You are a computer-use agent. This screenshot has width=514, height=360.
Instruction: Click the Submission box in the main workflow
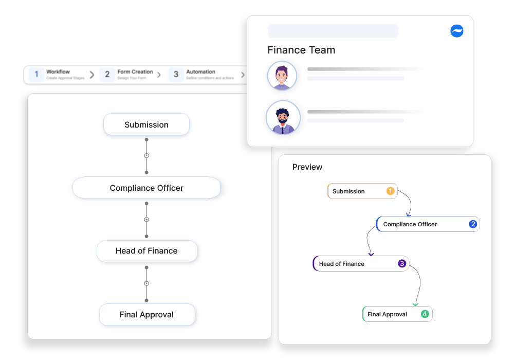click(x=146, y=124)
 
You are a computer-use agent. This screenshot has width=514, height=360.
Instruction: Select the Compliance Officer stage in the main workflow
click(x=146, y=188)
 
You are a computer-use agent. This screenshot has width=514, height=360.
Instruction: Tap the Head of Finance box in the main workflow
click(x=146, y=251)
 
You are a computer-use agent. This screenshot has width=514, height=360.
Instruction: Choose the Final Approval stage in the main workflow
click(x=146, y=314)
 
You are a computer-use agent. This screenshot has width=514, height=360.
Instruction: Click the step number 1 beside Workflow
click(x=36, y=75)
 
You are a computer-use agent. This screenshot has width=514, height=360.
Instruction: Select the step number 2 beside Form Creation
click(x=107, y=75)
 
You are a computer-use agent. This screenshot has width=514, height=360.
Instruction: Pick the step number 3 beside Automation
click(x=176, y=75)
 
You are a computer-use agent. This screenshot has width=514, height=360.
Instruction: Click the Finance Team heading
click(x=301, y=50)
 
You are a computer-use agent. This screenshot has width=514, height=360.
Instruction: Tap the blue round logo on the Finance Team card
click(x=456, y=31)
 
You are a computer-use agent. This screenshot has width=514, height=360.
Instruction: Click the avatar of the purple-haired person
click(x=282, y=76)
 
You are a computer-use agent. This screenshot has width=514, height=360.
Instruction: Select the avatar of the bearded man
click(x=283, y=118)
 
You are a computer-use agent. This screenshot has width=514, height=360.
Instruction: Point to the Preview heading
click(x=307, y=167)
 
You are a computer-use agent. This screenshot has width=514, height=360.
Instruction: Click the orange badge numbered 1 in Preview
click(x=390, y=191)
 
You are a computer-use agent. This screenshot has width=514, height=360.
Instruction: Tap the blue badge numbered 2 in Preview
click(x=473, y=224)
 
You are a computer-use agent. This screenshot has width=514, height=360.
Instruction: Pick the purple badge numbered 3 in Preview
click(x=402, y=264)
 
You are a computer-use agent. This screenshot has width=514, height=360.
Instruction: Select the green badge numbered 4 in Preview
click(x=425, y=314)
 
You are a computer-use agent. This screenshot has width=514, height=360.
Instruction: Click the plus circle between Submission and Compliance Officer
click(x=146, y=155)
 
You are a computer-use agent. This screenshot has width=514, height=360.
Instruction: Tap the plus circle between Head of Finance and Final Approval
click(x=146, y=283)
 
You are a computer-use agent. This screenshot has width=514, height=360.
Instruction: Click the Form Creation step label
click(x=135, y=72)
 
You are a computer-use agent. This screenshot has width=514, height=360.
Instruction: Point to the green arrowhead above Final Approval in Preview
click(x=415, y=304)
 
